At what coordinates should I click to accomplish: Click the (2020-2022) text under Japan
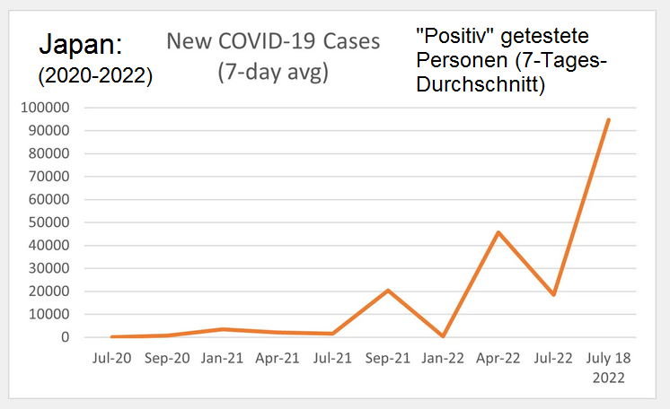tap(95, 77)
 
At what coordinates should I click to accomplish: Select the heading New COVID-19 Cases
tap(273, 41)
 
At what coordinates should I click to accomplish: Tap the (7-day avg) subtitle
tap(273, 72)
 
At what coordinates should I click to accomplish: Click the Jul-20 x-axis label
tap(111, 358)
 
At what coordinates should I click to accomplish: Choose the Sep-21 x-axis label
tap(388, 358)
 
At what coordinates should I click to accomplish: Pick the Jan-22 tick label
tap(443, 358)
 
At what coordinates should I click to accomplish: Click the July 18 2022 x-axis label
tap(608, 367)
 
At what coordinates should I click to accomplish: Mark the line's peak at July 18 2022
tap(608, 119)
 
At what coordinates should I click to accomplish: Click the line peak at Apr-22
tap(498, 232)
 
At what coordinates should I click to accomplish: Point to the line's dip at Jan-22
tap(443, 336)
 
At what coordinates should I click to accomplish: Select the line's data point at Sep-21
tap(388, 290)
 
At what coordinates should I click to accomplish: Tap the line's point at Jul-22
tap(553, 294)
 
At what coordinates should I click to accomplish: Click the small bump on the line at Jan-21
tap(222, 329)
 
